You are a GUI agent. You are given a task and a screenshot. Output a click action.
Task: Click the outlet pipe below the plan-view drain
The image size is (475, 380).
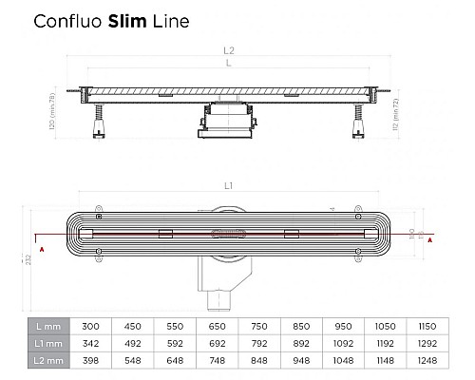[x=211, y=294]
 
